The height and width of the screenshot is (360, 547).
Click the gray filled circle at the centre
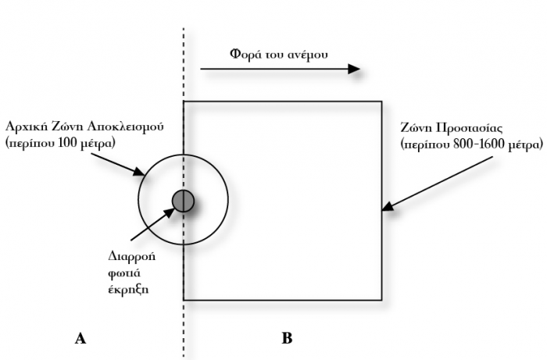pos(183,201)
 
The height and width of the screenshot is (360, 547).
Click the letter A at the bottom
pos(79,339)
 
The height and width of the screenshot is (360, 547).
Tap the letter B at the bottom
pos(287,339)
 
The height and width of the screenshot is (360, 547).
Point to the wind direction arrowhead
pos(353,69)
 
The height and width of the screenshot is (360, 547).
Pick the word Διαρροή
pos(127,254)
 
